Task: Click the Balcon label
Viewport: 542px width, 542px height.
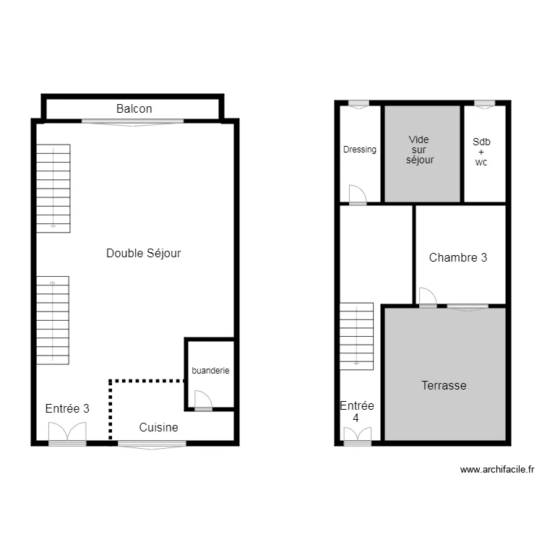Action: [134, 108]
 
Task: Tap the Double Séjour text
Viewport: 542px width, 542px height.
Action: [143, 253]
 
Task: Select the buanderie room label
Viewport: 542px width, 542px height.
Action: [210, 371]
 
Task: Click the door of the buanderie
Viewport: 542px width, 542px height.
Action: [202, 400]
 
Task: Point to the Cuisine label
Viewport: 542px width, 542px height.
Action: [158, 427]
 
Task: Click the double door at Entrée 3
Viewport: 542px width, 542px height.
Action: [67, 432]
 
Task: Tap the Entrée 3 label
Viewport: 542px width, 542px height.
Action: [67, 408]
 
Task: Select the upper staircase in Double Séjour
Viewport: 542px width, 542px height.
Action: [53, 188]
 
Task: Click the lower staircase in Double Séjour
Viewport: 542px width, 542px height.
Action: [53, 319]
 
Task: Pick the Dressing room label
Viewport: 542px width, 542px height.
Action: [360, 150]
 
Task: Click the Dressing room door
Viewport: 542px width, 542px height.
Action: [357, 195]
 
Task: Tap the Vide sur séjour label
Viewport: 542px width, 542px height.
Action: [419, 150]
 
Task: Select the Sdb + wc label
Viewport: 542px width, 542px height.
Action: [481, 152]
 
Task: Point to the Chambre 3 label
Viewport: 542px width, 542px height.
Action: [458, 257]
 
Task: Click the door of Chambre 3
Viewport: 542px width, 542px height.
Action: [427, 297]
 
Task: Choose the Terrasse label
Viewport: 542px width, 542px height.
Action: [444, 385]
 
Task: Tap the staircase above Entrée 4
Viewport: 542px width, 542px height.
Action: [357, 335]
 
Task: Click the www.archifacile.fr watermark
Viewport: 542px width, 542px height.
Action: [497, 470]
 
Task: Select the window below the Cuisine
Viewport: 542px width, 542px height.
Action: [152, 445]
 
